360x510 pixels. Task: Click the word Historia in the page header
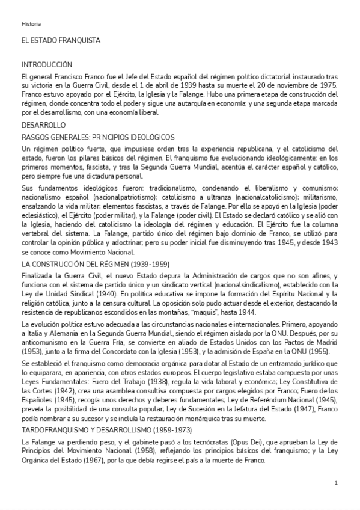31,24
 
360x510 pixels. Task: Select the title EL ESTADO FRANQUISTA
61,40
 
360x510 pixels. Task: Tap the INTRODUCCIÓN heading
47,64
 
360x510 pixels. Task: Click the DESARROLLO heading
43,125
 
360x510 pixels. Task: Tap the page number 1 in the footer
336,482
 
